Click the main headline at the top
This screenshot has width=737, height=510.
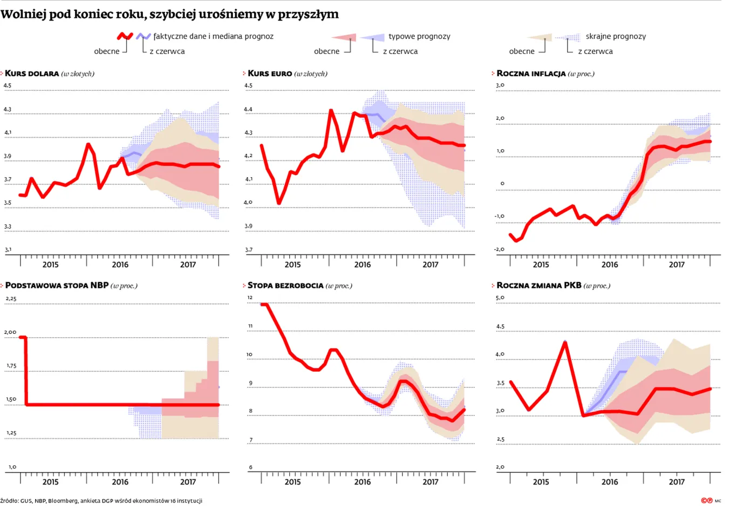(x=169, y=15)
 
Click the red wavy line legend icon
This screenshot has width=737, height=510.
(x=125, y=36)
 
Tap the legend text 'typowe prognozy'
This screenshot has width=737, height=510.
(x=419, y=36)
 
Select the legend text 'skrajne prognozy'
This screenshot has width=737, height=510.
(x=616, y=36)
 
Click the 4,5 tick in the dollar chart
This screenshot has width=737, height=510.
(x=8, y=85)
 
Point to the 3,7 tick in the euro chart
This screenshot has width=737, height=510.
(x=248, y=250)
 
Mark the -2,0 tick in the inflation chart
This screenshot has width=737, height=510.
(x=500, y=249)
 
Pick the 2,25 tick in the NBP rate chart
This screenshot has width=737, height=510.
(x=11, y=299)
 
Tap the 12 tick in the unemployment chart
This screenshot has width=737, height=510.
(x=250, y=298)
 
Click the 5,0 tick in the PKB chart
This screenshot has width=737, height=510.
(x=500, y=298)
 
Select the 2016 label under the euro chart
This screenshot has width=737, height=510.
(x=363, y=265)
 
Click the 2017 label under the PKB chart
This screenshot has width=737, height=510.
(x=677, y=482)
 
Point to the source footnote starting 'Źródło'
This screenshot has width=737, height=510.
(x=101, y=501)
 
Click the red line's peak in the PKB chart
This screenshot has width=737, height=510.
(x=565, y=343)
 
